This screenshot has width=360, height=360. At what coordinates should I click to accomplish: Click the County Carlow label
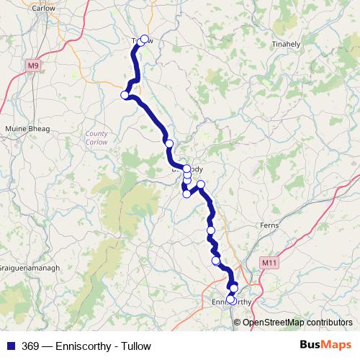click(x=96, y=137)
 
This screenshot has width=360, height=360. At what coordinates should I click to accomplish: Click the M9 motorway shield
click(x=32, y=66)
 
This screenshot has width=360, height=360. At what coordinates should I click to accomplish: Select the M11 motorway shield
click(x=269, y=263)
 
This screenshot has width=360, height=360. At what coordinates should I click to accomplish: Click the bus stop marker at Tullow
click(x=144, y=40)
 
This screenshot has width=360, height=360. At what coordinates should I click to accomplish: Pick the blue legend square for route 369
click(x=11, y=346)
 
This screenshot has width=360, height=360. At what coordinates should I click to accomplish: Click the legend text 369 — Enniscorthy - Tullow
click(x=86, y=346)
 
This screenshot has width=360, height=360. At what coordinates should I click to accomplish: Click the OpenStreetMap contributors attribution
click(x=297, y=322)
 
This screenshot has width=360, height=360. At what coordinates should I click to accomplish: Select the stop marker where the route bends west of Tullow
click(x=125, y=95)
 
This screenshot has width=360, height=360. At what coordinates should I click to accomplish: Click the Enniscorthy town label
click(x=233, y=302)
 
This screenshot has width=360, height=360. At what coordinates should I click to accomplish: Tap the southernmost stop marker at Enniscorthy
click(x=230, y=300)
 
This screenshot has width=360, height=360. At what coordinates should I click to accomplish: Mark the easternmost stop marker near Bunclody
click(x=201, y=184)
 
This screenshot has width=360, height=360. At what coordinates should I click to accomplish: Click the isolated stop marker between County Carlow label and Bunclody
click(x=169, y=143)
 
